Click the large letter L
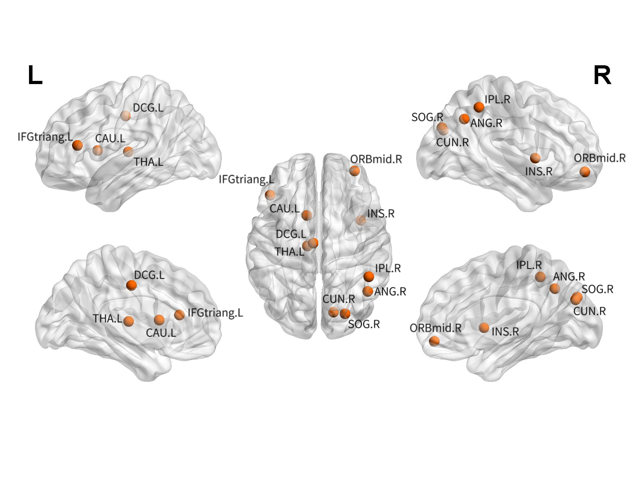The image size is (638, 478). pyautogui.click(x=35, y=75)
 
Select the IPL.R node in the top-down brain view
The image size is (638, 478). pyautogui.click(x=369, y=276)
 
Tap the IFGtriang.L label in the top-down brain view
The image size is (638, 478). pyautogui.click(x=246, y=180)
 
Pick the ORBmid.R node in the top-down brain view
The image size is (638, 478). pyautogui.click(x=354, y=171)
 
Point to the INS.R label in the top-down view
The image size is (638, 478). pyautogui.click(x=381, y=213)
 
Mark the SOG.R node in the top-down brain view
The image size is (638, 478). pyautogui.click(x=345, y=313)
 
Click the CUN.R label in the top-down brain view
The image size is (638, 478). pyautogui.click(x=338, y=299)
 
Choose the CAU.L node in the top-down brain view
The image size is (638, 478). pyautogui.click(x=307, y=215)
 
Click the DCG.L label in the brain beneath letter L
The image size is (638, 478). pyautogui.click(x=148, y=108)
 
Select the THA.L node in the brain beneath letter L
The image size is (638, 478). pyautogui.click(x=128, y=151)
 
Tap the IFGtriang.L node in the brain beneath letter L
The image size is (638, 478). pyautogui.click(x=77, y=146)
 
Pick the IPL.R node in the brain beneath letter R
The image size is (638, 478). pyautogui.click(x=479, y=107)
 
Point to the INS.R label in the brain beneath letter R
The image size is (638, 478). pyautogui.click(x=539, y=172)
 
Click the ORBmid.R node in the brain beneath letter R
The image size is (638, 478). pyautogui.click(x=585, y=172)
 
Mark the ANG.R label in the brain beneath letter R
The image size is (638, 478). pyautogui.click(x=486, y=123)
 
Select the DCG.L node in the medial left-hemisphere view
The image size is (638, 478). pyautogui.click(x=131, y=285)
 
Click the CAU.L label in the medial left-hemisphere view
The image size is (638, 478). pyautogui.click(x=161, y=333)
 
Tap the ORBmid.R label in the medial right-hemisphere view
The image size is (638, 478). pyautogui.click(x=435, y=328)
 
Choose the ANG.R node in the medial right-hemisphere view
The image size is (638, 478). pyautogui.click(x=555, y=289)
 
